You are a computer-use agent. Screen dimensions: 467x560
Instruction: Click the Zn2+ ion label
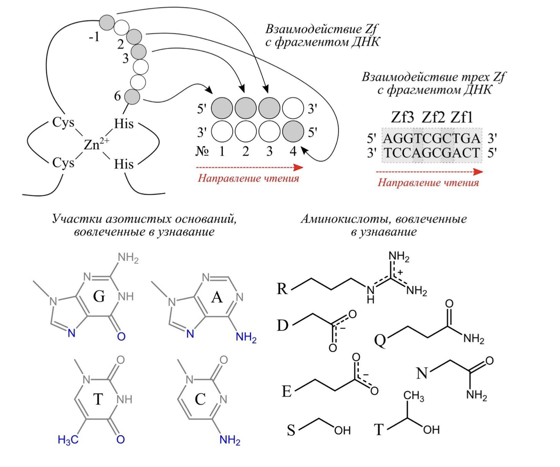(95, 144)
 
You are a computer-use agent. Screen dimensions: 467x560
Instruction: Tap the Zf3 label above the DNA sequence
(402, 117)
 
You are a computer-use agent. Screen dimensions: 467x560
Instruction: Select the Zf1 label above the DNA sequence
(462, 117)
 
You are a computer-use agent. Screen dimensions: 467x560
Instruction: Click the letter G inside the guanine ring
(99, 296)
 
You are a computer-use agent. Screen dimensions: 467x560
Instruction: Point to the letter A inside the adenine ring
(216, 298)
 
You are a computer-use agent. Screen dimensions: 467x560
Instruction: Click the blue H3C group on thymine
(68, 440)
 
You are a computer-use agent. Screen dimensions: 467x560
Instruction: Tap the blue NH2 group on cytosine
(230, 440)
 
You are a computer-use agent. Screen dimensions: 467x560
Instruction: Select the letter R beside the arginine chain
(282, 289)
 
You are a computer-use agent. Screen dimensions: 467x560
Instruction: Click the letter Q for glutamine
(380, 340)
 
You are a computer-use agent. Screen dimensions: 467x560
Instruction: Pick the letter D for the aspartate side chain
(283, 325)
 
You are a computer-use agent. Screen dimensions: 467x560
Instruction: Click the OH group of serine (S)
(342, 430)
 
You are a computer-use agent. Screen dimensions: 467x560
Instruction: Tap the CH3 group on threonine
(413, 396)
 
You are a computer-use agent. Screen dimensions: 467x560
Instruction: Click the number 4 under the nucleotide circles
(293, 151)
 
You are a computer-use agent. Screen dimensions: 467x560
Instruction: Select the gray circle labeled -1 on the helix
(107, 22)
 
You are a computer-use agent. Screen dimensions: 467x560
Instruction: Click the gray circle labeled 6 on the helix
(132, 97)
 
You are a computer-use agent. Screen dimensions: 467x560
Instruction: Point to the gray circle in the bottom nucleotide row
(293, 131)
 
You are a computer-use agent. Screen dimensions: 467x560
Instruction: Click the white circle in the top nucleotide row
(293, 108)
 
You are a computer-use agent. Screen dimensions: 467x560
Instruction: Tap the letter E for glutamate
(287, 391)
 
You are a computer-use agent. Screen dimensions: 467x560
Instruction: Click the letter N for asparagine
(422, 373)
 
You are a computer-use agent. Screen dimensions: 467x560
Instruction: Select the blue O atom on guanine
(121, 336)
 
